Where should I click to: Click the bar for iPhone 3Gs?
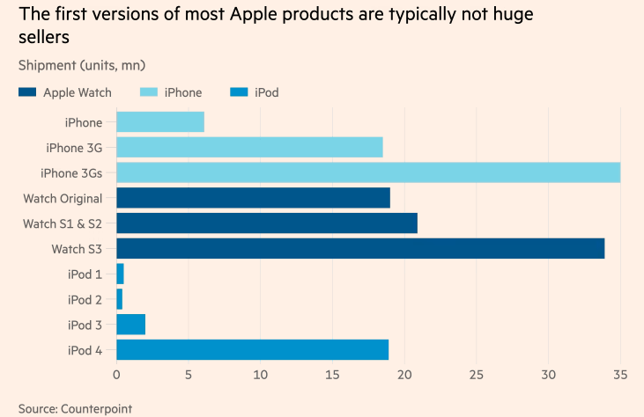(368, 172)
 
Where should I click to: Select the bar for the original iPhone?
(160, 122)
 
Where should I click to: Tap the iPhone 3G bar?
(249, 147)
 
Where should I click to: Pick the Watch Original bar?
(253, 198)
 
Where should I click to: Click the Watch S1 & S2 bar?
(267, 223)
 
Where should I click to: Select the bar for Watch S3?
(360, 249)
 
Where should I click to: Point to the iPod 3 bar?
(130, 325)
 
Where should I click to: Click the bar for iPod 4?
(252, 350)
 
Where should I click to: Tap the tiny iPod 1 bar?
(120, 274)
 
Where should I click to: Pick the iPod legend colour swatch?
(239, 92)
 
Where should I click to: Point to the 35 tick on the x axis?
(620, 375)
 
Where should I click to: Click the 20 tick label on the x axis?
(404, 375)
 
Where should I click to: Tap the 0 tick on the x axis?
(116, 375)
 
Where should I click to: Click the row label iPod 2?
(85, 300)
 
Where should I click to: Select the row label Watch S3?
(77, 249)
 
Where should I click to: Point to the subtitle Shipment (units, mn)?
(82, 65)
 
